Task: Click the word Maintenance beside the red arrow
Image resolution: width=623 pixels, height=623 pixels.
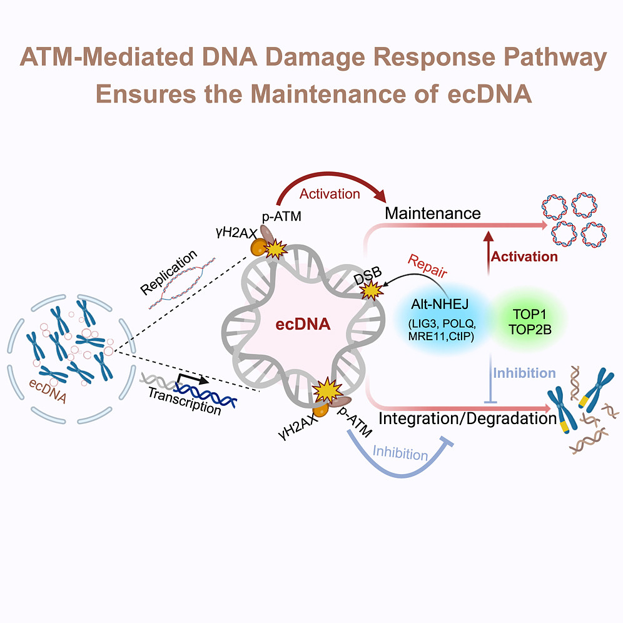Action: [x=432, y=213]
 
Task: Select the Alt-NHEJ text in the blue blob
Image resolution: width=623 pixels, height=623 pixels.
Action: [x=441, y=303]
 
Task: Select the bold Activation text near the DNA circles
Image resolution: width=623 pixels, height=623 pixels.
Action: [x=524, y=256]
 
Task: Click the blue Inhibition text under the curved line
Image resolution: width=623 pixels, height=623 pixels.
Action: [x=400, y=453]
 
